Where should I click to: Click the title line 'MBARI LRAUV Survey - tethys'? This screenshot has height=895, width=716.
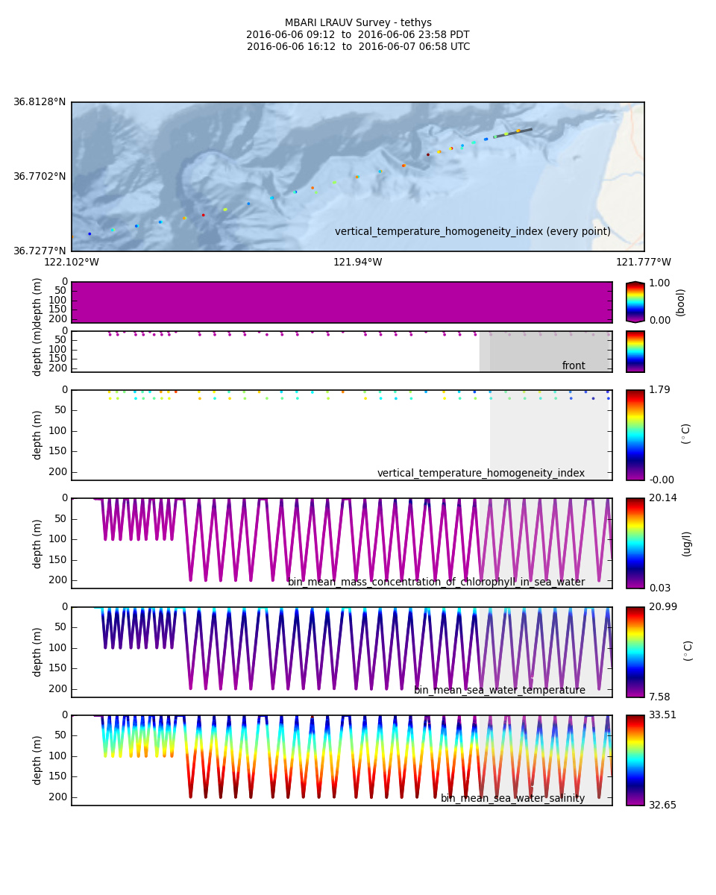point(358,23)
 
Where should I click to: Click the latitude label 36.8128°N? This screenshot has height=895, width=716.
point(40,102)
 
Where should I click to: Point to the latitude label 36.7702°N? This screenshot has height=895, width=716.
point(40,177)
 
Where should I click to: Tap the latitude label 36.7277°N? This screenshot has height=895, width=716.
point(40,251)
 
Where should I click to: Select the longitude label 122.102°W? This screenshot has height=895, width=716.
point(72,262)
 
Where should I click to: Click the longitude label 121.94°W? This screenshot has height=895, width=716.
point(357,262)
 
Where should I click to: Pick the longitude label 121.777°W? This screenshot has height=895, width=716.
point(643,262)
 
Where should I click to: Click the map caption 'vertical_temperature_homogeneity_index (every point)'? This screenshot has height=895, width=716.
point(472,232)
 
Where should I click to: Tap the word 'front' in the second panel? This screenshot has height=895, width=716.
point(574,365)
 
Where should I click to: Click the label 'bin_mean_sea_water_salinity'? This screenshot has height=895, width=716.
point(512,798)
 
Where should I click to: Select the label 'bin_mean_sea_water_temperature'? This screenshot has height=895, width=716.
point(499,690)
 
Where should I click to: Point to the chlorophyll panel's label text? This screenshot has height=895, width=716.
point(436,582)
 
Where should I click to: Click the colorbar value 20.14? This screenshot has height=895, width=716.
point(662,498)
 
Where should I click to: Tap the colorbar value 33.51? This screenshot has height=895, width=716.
point(662,715)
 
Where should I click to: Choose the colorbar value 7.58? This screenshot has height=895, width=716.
point(659,697)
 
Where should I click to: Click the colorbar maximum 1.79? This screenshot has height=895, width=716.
point(659,390)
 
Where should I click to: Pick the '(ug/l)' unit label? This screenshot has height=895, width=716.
point(687,543)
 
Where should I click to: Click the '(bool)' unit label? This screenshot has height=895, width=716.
point(681,302)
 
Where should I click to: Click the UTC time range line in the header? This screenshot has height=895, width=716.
point(358,47)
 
